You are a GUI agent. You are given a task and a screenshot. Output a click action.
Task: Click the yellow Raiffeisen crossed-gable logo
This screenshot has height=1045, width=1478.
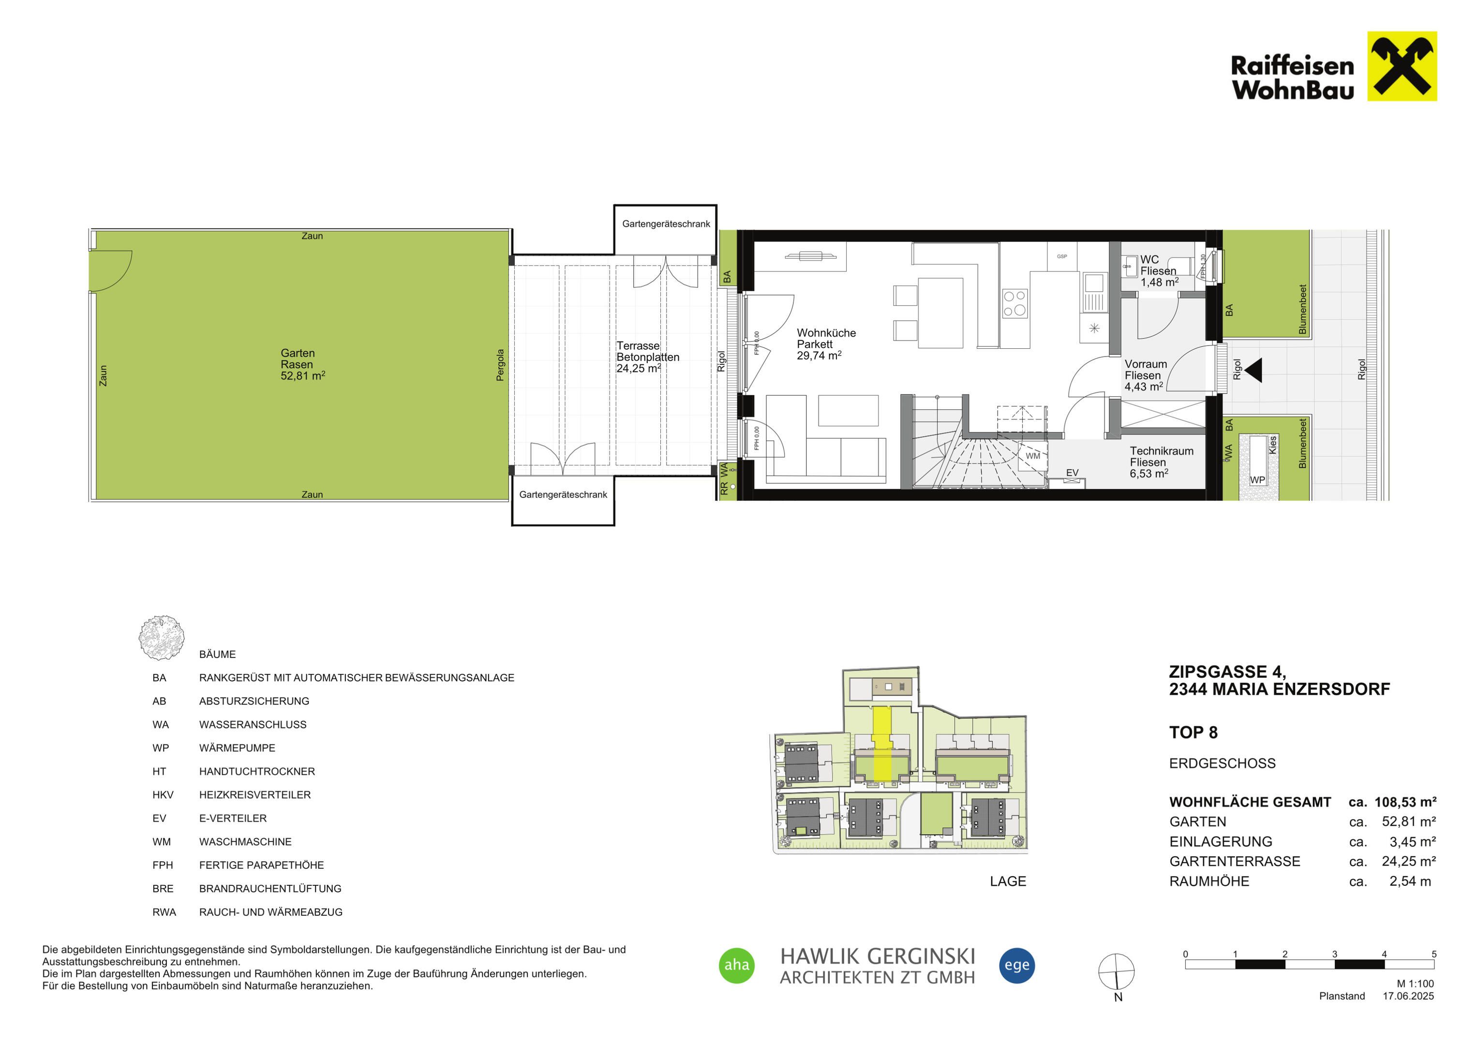(x=1402, y=66)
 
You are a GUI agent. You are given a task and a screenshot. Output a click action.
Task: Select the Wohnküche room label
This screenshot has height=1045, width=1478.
(x=826, y=333)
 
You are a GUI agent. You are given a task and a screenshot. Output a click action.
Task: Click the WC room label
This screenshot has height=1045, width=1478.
(x=1149, y=259)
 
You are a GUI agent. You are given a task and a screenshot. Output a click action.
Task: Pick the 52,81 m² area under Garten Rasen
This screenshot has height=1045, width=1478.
(x=302, y=375)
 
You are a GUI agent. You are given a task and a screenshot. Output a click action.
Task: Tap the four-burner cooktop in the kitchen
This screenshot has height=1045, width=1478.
(x=1015, y=305)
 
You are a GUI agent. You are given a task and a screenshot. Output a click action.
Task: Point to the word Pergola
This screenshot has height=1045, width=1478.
(x=500, y=365)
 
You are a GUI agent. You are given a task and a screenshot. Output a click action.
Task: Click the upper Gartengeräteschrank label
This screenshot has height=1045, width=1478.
(x=666, y=224)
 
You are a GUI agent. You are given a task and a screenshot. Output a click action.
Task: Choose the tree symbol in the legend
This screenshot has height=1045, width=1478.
(x=162, y=638)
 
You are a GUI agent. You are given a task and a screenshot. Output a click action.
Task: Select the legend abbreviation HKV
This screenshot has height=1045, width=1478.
(x=163, y=794)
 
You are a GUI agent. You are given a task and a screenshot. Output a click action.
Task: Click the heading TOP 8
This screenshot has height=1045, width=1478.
(x=1194, y=733)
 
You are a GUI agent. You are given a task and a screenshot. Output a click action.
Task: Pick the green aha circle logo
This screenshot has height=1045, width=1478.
(x=736, y=965)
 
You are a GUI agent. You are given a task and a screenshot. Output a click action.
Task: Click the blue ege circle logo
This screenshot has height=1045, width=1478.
(x=1017, y=965)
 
